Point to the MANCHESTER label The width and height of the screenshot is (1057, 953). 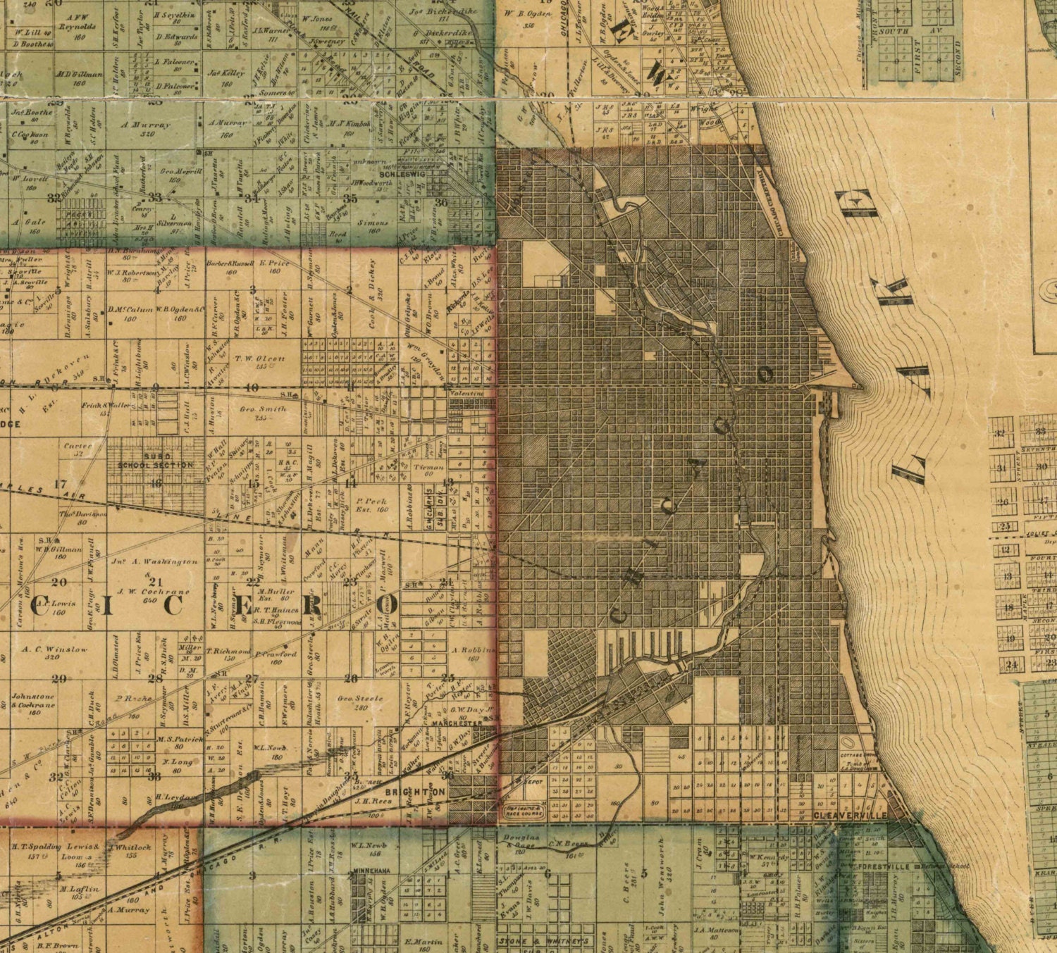(458, 723)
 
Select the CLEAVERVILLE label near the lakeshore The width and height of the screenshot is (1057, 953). (844, 815)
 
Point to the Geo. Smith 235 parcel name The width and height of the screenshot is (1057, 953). (263, 413)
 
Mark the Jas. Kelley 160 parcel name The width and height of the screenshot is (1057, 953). (225, 73)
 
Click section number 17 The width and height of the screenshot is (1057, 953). (60, 483)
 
